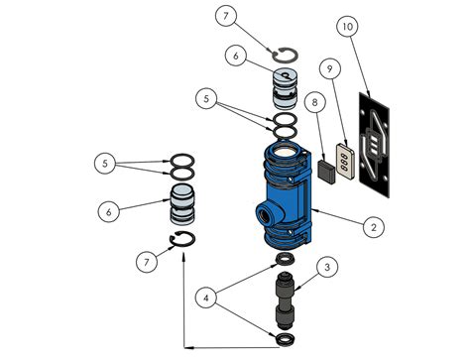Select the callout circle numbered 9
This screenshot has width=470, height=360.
click(x=329, y=67)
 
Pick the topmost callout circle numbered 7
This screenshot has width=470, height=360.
click(x=227, y=17)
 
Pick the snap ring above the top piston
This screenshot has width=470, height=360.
click(x=284, y=56)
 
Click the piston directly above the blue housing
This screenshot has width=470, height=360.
click(x=284, y=88)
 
